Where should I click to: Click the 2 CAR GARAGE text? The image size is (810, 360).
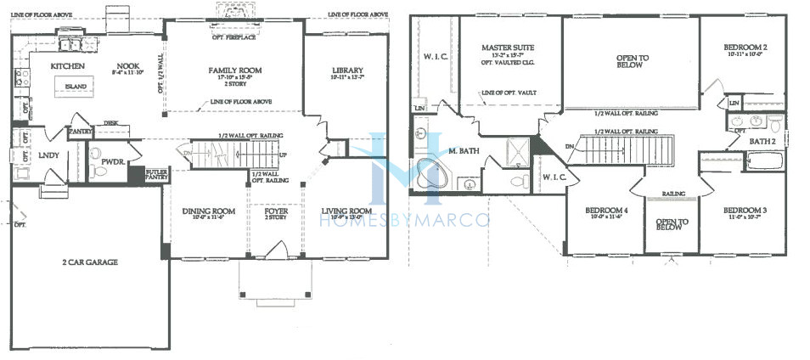tap(88, 262)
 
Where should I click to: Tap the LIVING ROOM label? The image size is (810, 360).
tap(347, 211)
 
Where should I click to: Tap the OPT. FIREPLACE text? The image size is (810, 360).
tap(234, 37)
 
